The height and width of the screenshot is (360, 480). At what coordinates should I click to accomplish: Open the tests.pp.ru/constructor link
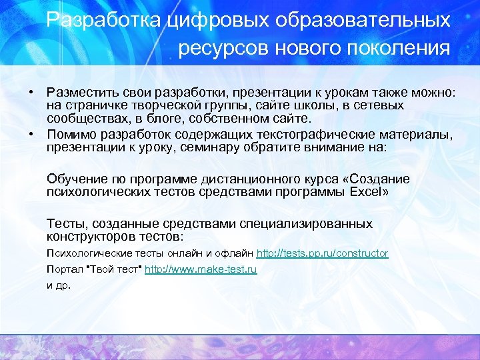[322, 253]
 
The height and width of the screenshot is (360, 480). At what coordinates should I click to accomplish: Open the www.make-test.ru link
[201, 269]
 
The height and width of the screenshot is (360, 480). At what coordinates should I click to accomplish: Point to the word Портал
[62, 269]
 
